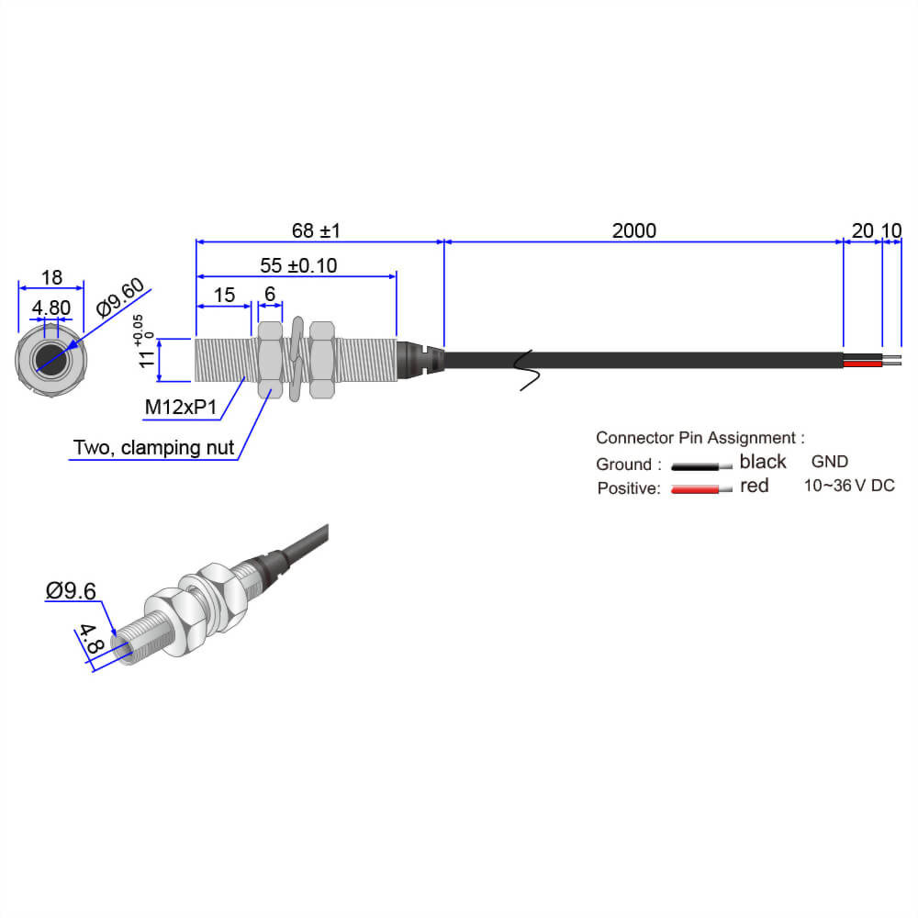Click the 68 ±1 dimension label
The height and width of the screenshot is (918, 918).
tap(316, 230)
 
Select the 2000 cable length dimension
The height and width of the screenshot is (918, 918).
tap(634, 230)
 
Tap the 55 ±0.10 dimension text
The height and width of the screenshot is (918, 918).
tap(298, 266)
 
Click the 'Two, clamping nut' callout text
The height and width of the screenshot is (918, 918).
tap(153, 448)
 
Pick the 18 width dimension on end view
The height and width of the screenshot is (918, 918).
tap(51, 277)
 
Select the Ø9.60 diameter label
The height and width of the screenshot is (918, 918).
tap(120, 300)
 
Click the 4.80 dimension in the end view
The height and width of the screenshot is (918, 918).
tap(51, 307)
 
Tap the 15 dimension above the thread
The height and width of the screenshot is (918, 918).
tap(224, 296)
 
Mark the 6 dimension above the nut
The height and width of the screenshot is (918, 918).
tap(270, 296)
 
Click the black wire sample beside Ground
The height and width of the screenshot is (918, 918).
tap(702, 465)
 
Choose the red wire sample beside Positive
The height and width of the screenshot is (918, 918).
tap(702, 489)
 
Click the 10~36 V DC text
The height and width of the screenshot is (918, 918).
tap(848, 486)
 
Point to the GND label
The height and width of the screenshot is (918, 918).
tap(829, 461)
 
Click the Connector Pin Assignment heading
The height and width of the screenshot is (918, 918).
tap(700, 438)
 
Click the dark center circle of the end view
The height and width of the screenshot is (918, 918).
tap(50, 360)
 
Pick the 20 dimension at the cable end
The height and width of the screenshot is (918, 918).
tap(862, 230)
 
